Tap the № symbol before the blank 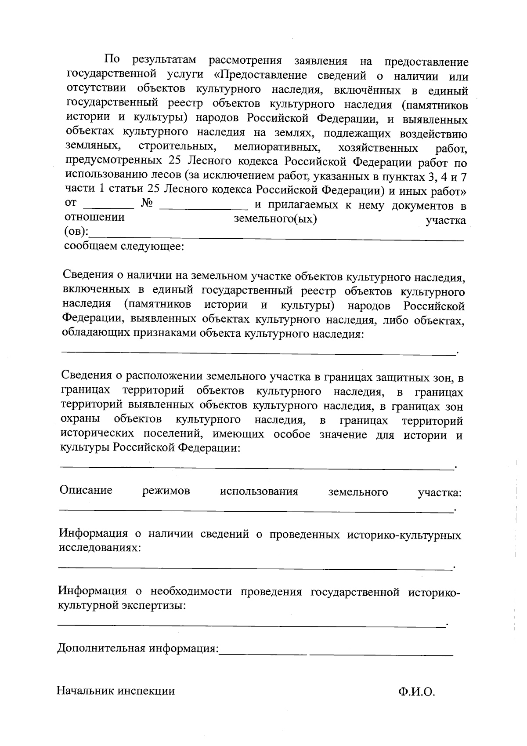click(x=147, y=204)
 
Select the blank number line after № click(x=203, y=207)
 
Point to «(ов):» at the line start click(x=76, y=232)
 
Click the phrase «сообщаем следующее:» click(x=124, y=246)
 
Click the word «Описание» click(x=86, y=490)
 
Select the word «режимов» click(x=166, y=491)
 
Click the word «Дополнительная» click(x=101, y=648)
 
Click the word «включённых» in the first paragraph click(x=373, y=91)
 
